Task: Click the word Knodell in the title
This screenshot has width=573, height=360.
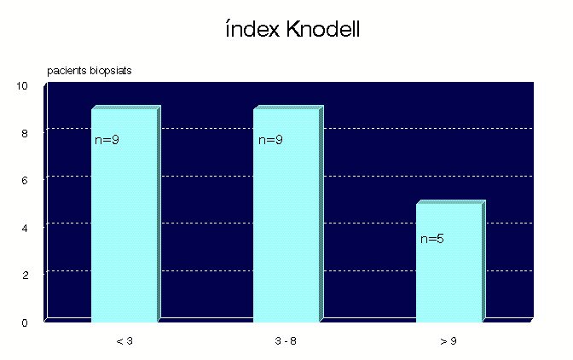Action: point(323,29)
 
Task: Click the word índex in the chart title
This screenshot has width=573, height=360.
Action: point(252,29)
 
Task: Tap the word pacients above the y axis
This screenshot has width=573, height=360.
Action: point(67,71)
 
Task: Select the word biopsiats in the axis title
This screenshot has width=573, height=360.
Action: point(110,71)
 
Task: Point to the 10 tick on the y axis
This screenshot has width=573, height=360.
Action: point(22,86)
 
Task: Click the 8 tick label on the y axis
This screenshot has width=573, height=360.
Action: point(25,133)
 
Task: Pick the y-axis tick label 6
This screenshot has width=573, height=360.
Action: point(25,181)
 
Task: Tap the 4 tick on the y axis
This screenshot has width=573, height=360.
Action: point(25,229)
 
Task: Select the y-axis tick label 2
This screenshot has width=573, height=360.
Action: point(25,276)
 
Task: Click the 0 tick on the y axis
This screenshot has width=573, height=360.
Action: point(25,322)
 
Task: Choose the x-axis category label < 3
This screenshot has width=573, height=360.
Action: point(124,341)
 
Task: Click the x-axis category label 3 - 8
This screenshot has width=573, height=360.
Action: point(286,341)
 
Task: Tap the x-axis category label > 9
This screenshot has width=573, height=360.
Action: point(449,341)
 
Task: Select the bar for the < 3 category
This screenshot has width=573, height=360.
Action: point(125,214)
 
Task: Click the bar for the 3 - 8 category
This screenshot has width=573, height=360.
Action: point(288,214)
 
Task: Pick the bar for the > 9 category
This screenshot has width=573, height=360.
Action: point(450,261)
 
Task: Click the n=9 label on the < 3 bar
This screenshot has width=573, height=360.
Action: point(107,140)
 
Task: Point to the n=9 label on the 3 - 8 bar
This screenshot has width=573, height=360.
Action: point(270,140)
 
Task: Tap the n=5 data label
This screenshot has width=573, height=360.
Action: point(432,239)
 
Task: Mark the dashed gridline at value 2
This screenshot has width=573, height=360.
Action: point(290,270)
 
